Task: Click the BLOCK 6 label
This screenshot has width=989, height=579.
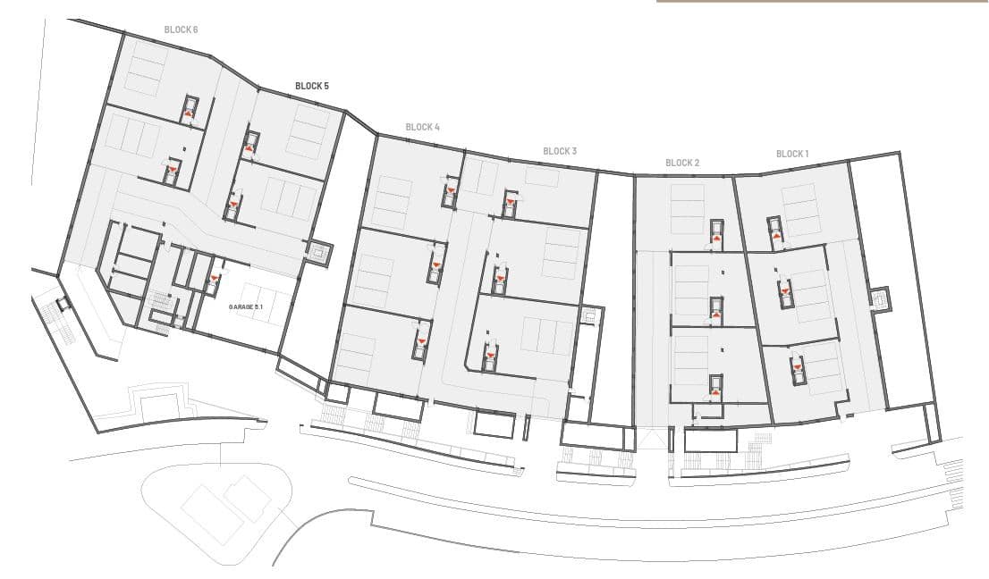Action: [x=181, y=29]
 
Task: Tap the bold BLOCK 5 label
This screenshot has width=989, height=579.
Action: [x=311, y=86]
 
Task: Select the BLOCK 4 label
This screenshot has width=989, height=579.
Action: [x=423, y=127]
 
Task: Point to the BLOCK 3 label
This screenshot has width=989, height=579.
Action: [x=560, y=151]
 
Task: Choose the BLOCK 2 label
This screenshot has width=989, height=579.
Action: [x=682, y=163]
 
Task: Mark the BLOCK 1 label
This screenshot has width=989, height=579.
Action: [x=792, y=154]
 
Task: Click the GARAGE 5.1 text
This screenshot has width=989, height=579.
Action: [x=245, y=306]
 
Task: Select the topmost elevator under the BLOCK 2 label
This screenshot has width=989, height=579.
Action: [x=717, y=231]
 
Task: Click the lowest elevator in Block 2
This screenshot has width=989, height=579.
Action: [x=716, y=386]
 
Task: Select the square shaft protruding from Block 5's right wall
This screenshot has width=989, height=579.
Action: [x=320, y=253]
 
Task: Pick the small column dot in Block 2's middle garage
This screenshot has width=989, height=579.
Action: [x=723, y=273]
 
